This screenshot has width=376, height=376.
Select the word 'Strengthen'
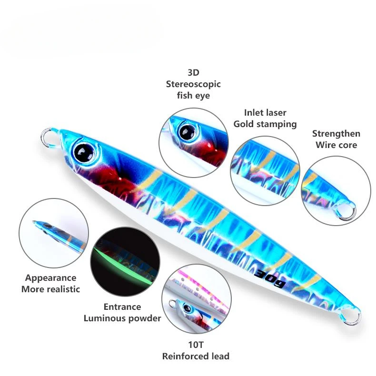336,134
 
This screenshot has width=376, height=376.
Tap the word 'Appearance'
50,277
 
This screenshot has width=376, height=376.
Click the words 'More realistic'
50,289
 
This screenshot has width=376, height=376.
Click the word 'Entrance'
122,307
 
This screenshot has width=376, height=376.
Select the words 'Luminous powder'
122,318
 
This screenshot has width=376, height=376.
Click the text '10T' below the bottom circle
196,344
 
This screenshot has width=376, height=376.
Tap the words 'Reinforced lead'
196,356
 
